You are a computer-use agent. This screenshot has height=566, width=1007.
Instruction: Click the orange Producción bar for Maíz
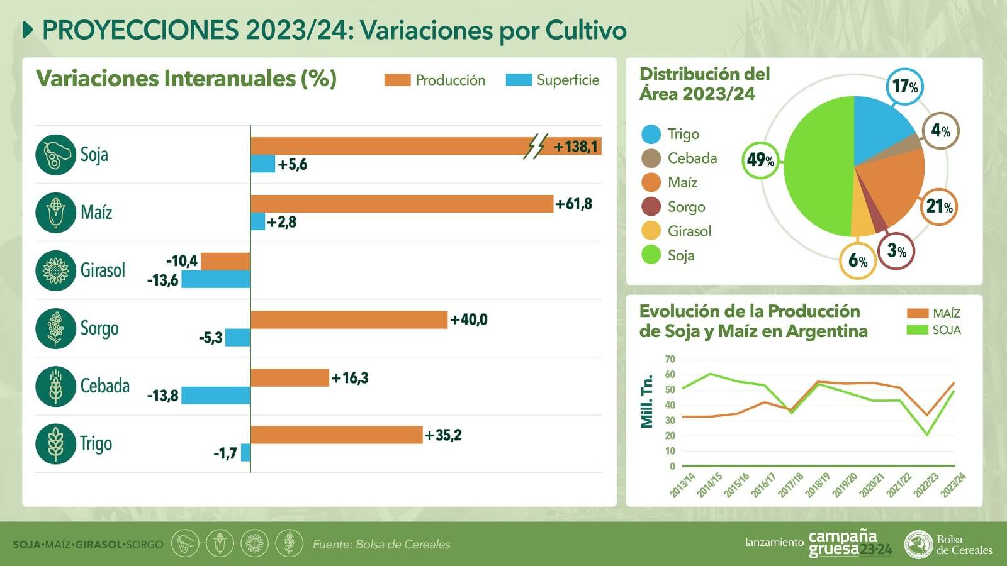(x=402, y=204)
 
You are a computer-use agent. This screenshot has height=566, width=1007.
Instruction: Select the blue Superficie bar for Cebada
(x=216, y=396)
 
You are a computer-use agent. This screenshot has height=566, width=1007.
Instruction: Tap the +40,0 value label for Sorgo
(x=469, y=319)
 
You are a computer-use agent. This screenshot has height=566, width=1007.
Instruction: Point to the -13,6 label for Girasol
(x=162, y=280)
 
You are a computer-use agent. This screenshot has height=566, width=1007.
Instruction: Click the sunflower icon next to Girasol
(x=55, y=270)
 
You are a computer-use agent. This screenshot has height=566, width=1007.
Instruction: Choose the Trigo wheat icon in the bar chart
(x=55, y=444)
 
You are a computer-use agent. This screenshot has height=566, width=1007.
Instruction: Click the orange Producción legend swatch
(x=397, y=80)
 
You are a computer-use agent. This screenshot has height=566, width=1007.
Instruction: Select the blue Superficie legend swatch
(x=519, y=80)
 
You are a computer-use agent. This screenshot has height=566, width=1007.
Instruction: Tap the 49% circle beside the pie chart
(x=761, y=160)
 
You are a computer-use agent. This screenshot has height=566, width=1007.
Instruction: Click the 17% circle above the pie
(x=905, y=86)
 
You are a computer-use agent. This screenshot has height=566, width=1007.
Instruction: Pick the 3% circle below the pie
(x=896, y=251)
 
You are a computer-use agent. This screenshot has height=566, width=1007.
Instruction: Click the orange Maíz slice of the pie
(x=894, y=182)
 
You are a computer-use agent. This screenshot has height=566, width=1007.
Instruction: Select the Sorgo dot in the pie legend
(x=651, y=207)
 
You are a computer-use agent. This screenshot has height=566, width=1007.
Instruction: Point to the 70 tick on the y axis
(x=670, y=360)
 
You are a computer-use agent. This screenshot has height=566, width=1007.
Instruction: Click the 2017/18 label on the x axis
(x=791, y=486)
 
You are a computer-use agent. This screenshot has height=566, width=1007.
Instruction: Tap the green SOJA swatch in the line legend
(x=917, y=330)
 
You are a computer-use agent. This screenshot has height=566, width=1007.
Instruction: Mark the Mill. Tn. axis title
(x=647, y=401)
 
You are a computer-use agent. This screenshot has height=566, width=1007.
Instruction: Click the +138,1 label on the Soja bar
(x=575, y=147)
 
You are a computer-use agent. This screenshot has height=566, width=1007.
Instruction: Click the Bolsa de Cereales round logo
(x=918, y=544)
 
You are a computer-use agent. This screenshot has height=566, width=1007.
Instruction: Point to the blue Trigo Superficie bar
(x=245, y=453)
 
